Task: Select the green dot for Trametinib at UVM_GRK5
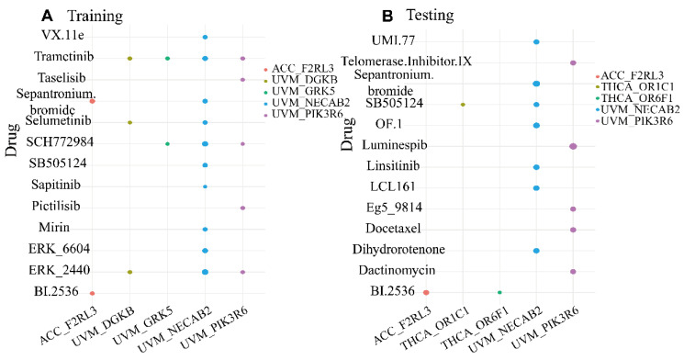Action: (x=167, y=58)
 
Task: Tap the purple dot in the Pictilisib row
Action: (x=242, y=208)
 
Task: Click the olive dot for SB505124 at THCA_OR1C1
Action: (x=463, y=105)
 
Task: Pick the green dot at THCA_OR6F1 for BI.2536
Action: (x=499, y=293)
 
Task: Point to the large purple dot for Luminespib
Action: (x=573, y=146)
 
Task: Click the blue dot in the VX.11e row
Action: (x=205, y=37)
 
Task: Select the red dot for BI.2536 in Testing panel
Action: (x=426, y=293)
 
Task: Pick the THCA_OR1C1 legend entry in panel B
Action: (x=634, y=87)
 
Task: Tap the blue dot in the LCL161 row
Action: (x=536, y=187)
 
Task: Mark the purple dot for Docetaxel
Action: (x=573, y=230)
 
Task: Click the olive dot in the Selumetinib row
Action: (x=129, y=122)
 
